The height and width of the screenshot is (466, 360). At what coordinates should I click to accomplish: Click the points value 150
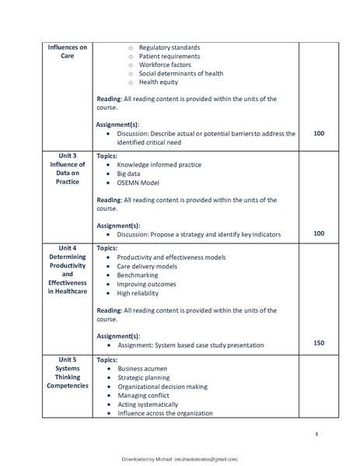pyautogui.click(x=319, y=342)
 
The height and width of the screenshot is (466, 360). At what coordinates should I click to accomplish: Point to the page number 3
pyautogui.click(x=316, y=433)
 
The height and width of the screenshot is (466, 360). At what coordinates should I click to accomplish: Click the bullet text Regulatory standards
pyautogui.click(x=169, y=47)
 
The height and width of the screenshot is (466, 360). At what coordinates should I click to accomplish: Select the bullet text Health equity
pyautogui.click(x=159, y=82)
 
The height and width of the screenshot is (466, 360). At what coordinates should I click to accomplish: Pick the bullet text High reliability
pyautogui.click(x=138, y=293)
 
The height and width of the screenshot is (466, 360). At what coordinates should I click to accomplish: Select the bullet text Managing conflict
pyautogui.click(x=145, y=395)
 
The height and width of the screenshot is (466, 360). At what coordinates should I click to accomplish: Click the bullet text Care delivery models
pyautogui.click(x=147, y=265)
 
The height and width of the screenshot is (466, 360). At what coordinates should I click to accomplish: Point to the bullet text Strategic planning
pyautogui.click(x=145, y=377)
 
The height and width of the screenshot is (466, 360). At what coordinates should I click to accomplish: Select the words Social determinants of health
pyautogui.click(x=180, y=73)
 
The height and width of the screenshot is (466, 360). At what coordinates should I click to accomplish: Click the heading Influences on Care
pyautogui.click(x=67, y=51)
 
